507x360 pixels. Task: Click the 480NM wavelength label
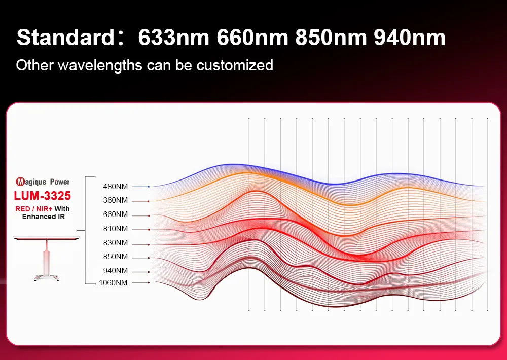(116, 187)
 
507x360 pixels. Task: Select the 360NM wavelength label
(116, 201)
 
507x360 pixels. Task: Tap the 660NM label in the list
(116, 215)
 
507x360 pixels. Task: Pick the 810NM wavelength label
(116, 229)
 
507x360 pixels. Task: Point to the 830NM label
(116, 243)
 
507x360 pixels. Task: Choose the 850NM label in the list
(116, 257)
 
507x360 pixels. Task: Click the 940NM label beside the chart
(116, 270)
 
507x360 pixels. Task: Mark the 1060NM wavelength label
(114, 283)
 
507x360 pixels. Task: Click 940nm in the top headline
(409, 38)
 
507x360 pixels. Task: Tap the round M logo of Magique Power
(21, 182)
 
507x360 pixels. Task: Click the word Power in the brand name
(60, 182)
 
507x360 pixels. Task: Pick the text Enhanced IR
(44, 217)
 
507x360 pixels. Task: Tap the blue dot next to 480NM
(149, 187)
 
